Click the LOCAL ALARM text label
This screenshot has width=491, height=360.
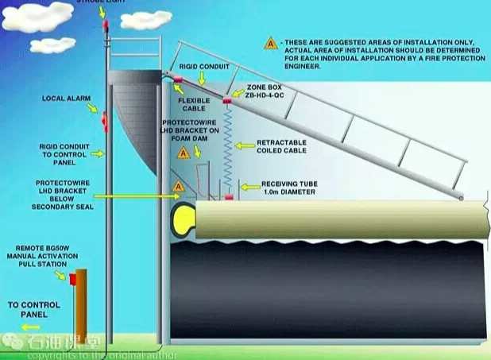(64, 99)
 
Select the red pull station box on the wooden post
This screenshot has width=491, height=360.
(73, 279)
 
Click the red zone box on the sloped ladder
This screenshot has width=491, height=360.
(226, 102)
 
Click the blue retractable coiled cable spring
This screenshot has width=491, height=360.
(229, 147)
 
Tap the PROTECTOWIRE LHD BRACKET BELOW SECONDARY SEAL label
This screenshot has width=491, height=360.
(64, 194)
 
